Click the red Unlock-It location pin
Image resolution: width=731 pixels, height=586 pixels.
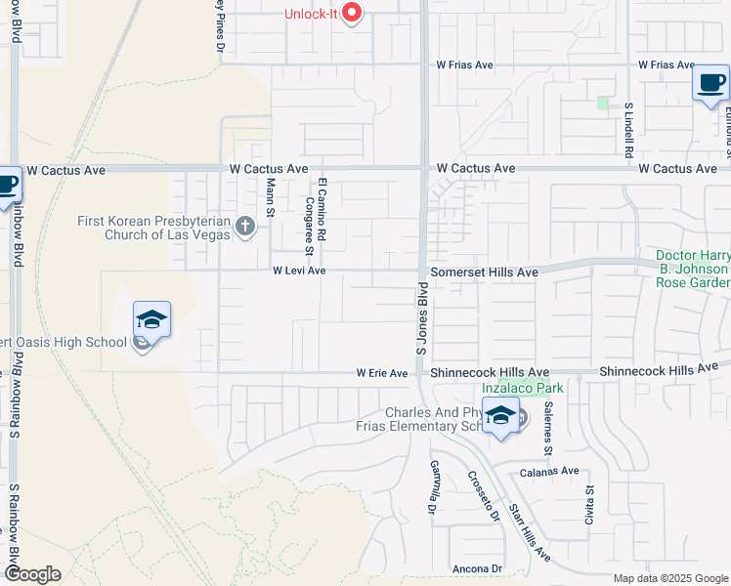(353, 13)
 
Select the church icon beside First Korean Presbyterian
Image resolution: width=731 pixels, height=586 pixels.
(244, 228)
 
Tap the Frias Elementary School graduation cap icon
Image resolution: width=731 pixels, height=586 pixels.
(500, 416)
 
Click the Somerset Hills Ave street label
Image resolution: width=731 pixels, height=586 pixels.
(487, 271)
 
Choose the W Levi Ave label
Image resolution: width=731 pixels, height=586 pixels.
(299, 271)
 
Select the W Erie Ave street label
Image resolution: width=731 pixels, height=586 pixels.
(381, 373)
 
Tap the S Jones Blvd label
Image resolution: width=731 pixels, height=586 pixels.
(423, 319)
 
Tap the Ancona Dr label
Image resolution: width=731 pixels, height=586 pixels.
(477, 568)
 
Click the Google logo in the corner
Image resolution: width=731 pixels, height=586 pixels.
(32, 574)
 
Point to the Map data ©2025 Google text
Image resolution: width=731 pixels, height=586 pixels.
(669, 578)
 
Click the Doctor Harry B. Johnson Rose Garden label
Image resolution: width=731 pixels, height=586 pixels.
(692, 269)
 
